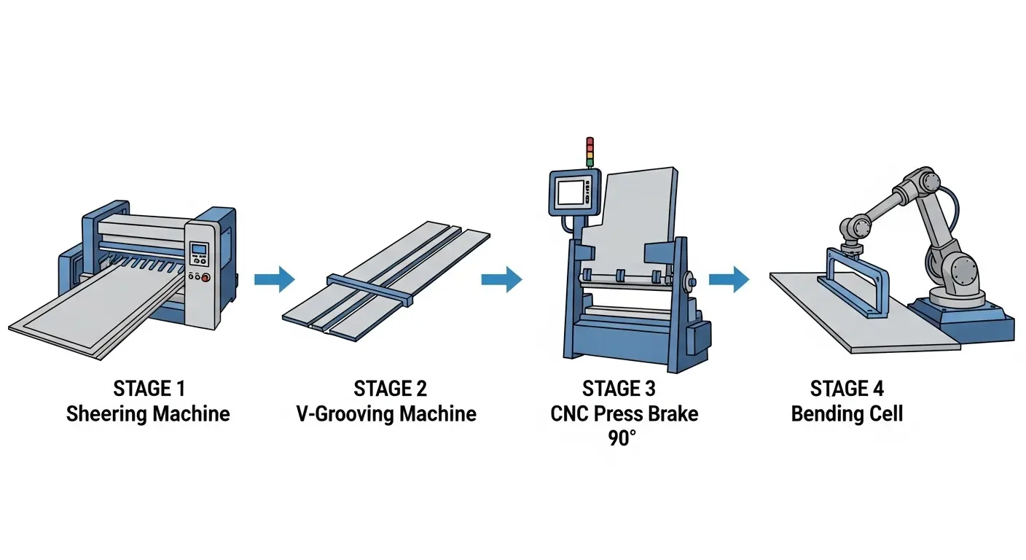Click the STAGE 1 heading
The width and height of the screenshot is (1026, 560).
click(148, 389)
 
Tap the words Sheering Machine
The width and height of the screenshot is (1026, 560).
click(148, 414)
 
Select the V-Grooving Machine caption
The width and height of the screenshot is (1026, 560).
click(386, 414)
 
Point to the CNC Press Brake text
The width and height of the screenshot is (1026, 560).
click(624, 414)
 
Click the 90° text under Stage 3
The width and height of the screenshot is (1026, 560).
click(624, 440)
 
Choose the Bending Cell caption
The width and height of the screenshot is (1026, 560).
click(847, 414)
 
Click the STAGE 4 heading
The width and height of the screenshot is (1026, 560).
click(847, 389)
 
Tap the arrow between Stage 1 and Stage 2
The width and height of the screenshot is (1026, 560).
click(274, 279)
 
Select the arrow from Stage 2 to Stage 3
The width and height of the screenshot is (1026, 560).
click(501, 279)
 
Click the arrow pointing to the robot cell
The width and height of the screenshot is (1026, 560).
click(729, 279)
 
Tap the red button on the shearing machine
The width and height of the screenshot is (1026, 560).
click(206, 277)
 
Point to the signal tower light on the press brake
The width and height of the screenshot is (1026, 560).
click(590, 152)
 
